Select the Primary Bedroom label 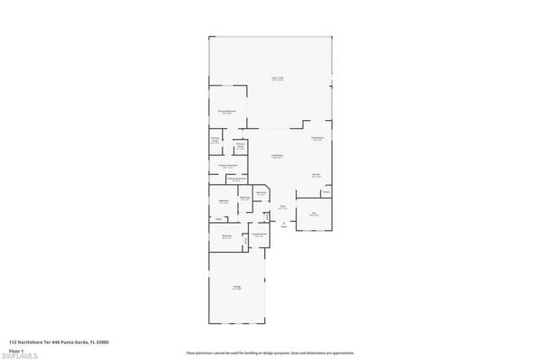coord(226,112)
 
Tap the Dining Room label coord(317,138)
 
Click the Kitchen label coord(316,174)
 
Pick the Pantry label coord(326,193)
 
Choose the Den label coord(314,214)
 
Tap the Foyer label coord(282,207)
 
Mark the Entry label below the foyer coord(283,227)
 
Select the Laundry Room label coord(258,235)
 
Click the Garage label coord(236,288)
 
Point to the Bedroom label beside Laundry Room coord(227,236)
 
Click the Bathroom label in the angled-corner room coord(260,193)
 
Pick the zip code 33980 coord(114,343)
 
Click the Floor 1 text coord(16,350)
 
